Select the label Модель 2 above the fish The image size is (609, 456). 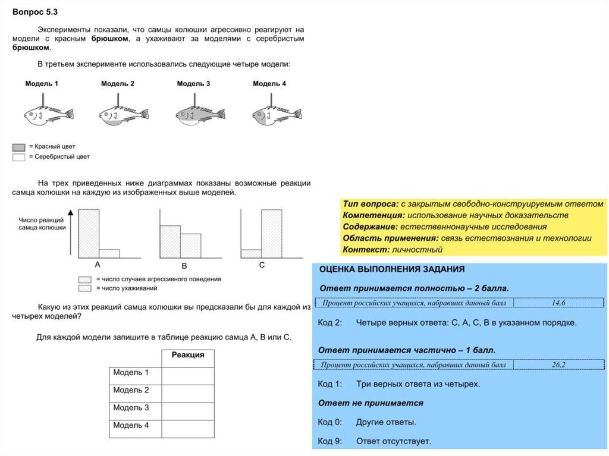pos(118,84)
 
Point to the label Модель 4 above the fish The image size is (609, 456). pos(269,84)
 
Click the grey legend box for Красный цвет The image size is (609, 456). pos(18,146)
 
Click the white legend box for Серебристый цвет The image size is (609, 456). pos(18,157)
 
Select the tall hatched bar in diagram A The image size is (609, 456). pos(89,233)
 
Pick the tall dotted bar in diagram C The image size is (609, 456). pos(272,233)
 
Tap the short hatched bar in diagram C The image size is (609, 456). pos(251,253)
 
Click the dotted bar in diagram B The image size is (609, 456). pos(190,246)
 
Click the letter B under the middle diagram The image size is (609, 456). pos(184,266)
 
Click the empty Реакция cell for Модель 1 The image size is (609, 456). pos(188,376)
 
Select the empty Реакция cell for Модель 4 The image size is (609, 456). pos(188,429)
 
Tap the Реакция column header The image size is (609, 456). pos(188,355)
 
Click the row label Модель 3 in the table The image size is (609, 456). pos(131,408)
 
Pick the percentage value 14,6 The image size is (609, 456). pos(558,303)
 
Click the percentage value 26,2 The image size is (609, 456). pos(558,364)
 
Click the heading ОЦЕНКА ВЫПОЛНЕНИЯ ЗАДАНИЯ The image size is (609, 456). pos(392,269)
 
